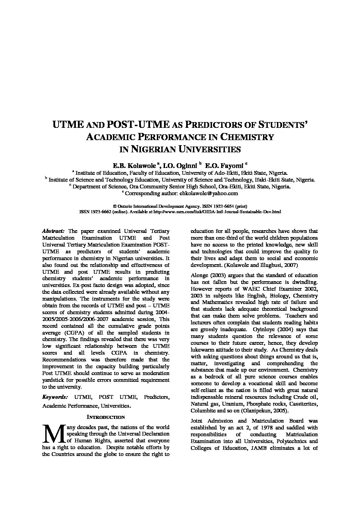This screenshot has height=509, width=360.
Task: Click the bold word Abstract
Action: pos(52,231)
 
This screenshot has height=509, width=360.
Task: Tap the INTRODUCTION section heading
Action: pos(105,417)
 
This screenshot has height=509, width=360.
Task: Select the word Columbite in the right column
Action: pos(203,410)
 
